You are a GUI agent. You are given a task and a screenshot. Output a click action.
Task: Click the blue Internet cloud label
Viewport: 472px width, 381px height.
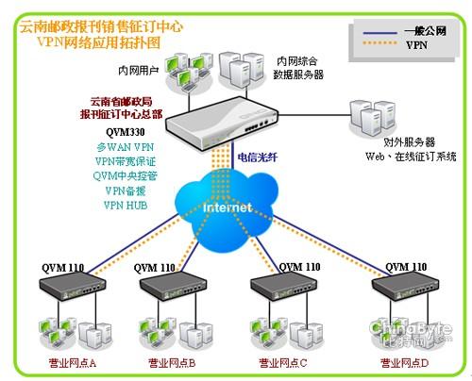click(228, 207)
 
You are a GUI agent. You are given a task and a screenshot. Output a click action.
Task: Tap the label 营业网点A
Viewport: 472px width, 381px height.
click(73, 363)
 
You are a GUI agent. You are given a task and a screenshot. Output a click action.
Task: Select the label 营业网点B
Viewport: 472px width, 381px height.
click(171, 363)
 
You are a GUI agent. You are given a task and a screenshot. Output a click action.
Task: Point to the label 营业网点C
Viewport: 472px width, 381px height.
click(282, 363)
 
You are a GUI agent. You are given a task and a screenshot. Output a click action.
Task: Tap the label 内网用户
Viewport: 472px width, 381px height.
click(137, 71)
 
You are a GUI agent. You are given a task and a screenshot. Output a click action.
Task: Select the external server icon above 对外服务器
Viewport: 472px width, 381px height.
click(368, 116)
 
